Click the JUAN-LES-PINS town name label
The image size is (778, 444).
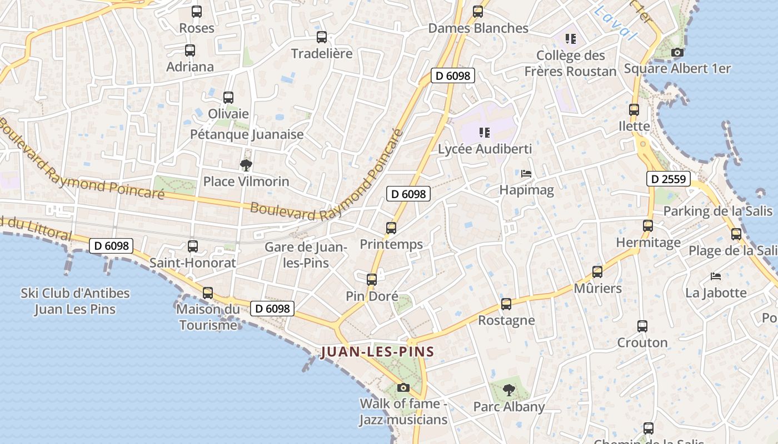coord(377,352)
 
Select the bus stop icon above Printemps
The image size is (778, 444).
coord(391,228)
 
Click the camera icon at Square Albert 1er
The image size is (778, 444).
coord(677,53)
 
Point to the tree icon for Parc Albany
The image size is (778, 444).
coord(508,390)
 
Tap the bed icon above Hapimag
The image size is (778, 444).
coord(526,174)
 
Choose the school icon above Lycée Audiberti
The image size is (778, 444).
coord(485,133)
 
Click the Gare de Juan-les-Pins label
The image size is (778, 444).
coord(306,255)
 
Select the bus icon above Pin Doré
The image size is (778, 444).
coord(372,280)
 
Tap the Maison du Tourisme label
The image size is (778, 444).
coord(208,317)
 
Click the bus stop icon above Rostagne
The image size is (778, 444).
coord(506,304)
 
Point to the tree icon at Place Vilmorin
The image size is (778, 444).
coord(246,165)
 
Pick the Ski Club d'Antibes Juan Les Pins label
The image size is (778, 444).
coord(75,301)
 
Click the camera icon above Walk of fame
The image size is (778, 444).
coord(403,387)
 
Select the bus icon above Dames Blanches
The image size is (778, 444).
coord(478,12)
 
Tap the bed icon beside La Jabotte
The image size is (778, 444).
coord(716,276)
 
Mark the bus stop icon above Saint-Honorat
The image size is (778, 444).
coord(193,246)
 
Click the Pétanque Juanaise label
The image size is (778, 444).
coord(247,134)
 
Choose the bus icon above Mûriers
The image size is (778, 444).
coord(597,272)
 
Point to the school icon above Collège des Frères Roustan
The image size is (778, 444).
coord(570,39)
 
